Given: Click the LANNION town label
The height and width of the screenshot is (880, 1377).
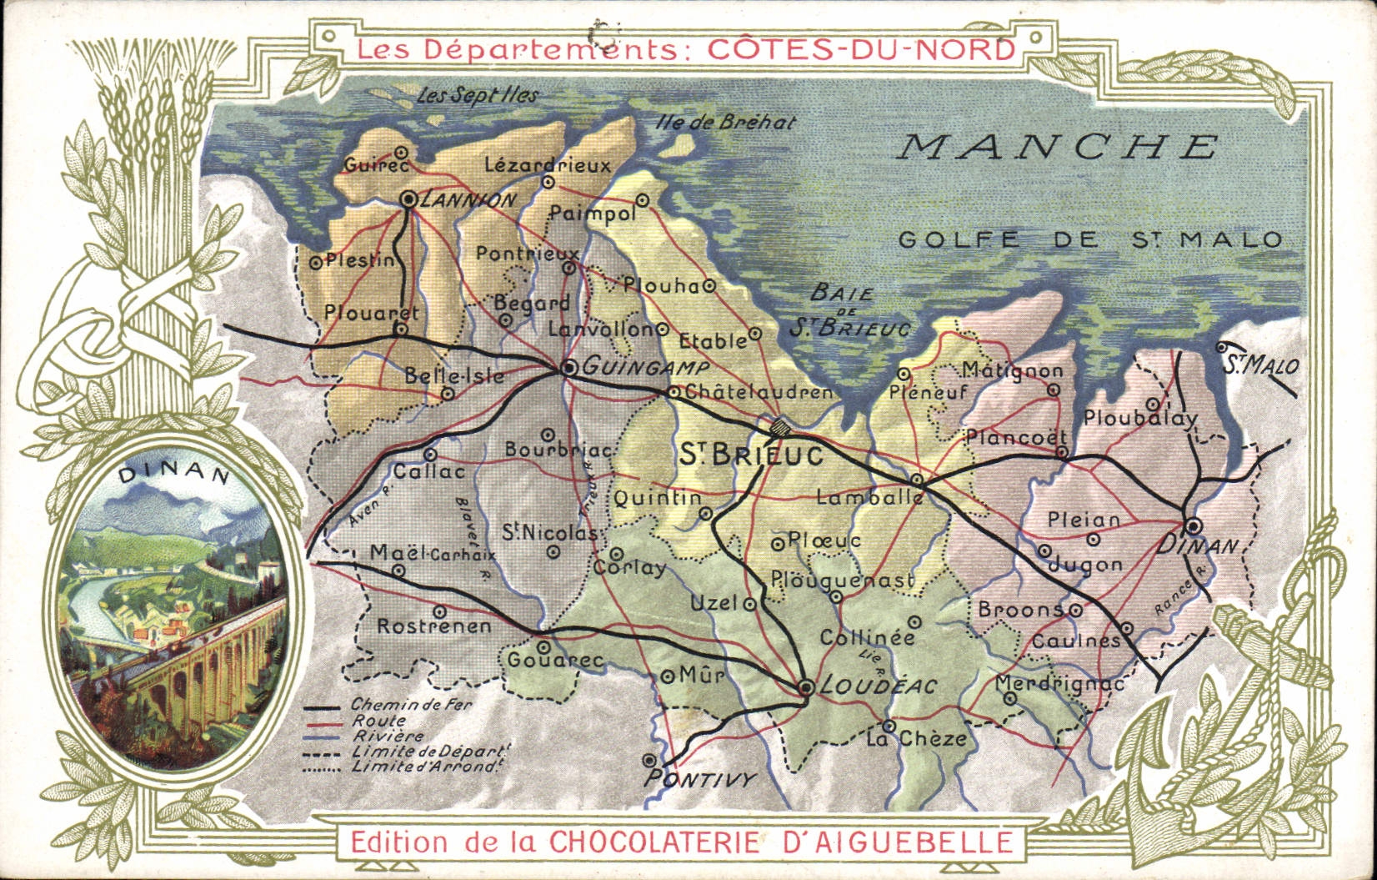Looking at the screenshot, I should pyautogui.click(x=468, y=200).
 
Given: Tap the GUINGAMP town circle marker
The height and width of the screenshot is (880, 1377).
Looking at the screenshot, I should pyautogui.click(x=569, y=367).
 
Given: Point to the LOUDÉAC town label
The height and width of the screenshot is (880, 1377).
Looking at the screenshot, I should pyautogui.click(x=879, y=686).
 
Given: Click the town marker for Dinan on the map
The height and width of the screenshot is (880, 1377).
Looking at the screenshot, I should pyautogui.click(x=1194, y=525).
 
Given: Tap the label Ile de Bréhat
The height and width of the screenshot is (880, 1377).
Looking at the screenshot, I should pyautogui.click(x=725, y=123).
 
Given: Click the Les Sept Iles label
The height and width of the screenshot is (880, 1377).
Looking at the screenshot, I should pyautogui.click(x=477, y=95).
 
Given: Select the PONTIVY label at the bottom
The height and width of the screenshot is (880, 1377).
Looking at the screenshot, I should pyautogui.click(x=700, y=780).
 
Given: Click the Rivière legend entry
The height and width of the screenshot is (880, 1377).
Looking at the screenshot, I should pyautogui.click(x=388, y=737).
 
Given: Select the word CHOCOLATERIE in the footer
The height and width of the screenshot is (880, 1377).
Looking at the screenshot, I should pyautogui.click(x=653, y=841).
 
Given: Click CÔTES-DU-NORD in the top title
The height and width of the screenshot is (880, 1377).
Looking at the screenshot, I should pyautogui.click(x=861, y=48).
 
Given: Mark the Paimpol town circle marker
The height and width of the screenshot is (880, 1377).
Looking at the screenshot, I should pyautogui.click(x=643, y=200).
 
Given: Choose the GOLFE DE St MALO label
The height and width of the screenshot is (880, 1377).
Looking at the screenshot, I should pyautogui.click(x=1090, y=240).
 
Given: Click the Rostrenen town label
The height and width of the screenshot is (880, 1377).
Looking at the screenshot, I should pyautogui.click(x=434, y=626).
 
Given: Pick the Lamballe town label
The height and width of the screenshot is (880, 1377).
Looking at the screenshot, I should pyautogui.click(x=869, y=498).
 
